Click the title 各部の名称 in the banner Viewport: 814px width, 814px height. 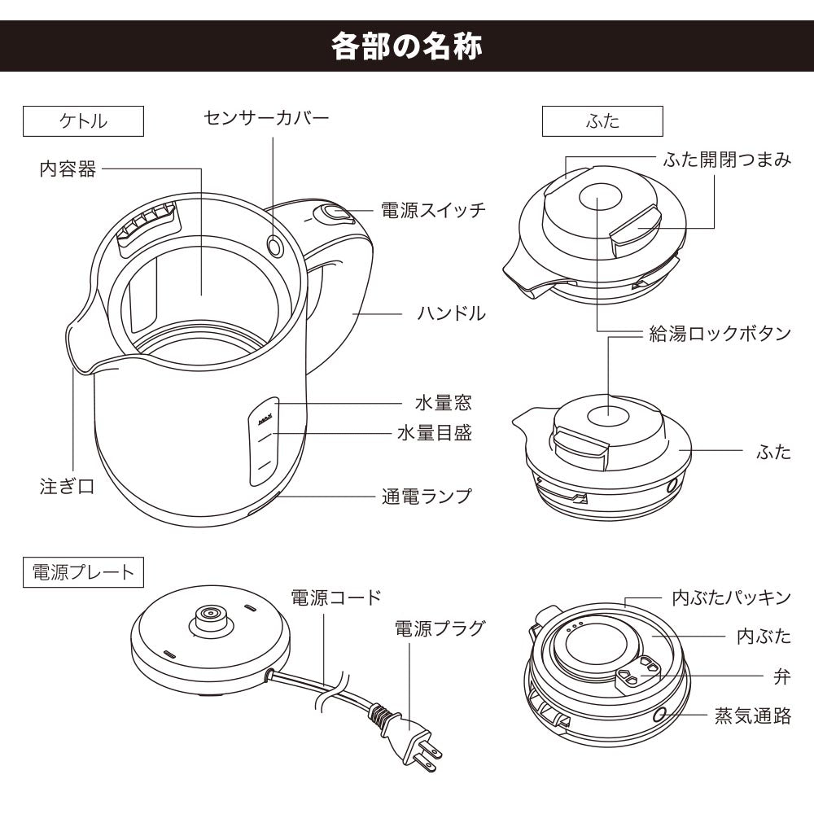click(407, 46)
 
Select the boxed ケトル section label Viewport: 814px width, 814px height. click(84, 121)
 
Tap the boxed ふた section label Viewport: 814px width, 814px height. click(602, 121)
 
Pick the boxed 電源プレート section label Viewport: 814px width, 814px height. click(84, 571)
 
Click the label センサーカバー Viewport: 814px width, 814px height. click(266, 118)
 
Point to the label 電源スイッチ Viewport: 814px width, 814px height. click(433, 210)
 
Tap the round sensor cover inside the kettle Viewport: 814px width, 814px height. click(274, 244)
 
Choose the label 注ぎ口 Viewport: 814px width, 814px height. click(67, 486)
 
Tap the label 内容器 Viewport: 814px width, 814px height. click(68, 169)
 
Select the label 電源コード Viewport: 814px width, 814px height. click(335, 597)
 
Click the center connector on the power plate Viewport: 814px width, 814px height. click(210, 615)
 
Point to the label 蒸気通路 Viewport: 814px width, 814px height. click(752, 716)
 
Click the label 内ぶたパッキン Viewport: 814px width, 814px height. click(731, 597)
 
